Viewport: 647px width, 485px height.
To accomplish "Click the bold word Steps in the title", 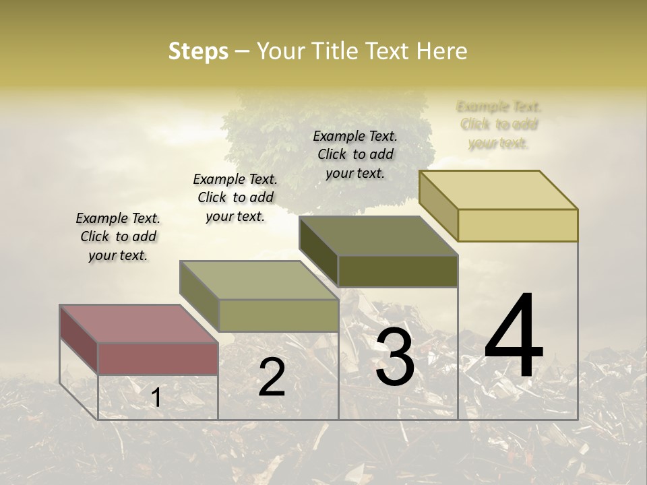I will click(198, 51).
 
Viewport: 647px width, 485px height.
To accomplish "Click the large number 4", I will click(514, 336).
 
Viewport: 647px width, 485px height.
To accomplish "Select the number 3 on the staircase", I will click(394, 358).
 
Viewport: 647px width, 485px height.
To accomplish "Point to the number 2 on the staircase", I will click(272, 377).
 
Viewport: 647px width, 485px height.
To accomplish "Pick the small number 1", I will click(156, 398).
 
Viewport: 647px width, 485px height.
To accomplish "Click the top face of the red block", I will click(138, 324).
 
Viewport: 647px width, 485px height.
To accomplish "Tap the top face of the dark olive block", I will click(378, 236).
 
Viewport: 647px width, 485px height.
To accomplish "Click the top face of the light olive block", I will click(259, 280).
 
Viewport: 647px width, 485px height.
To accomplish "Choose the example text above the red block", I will click(118, 236).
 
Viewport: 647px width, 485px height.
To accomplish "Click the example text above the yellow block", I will click(499, 125).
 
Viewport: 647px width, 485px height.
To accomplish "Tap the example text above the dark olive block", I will click(355, 154).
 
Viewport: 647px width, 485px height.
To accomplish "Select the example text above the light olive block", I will click(235, 197).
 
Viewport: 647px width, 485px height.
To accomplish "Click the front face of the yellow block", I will click(518, 225).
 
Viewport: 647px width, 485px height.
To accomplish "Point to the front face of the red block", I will click(158, 358).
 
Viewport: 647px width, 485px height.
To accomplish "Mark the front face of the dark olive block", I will click(398, 271).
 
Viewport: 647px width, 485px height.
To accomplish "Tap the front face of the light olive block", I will click(278, 315).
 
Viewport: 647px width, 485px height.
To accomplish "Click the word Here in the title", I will click(442, 51).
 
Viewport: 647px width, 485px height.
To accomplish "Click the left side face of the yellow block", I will click(438, 206).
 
